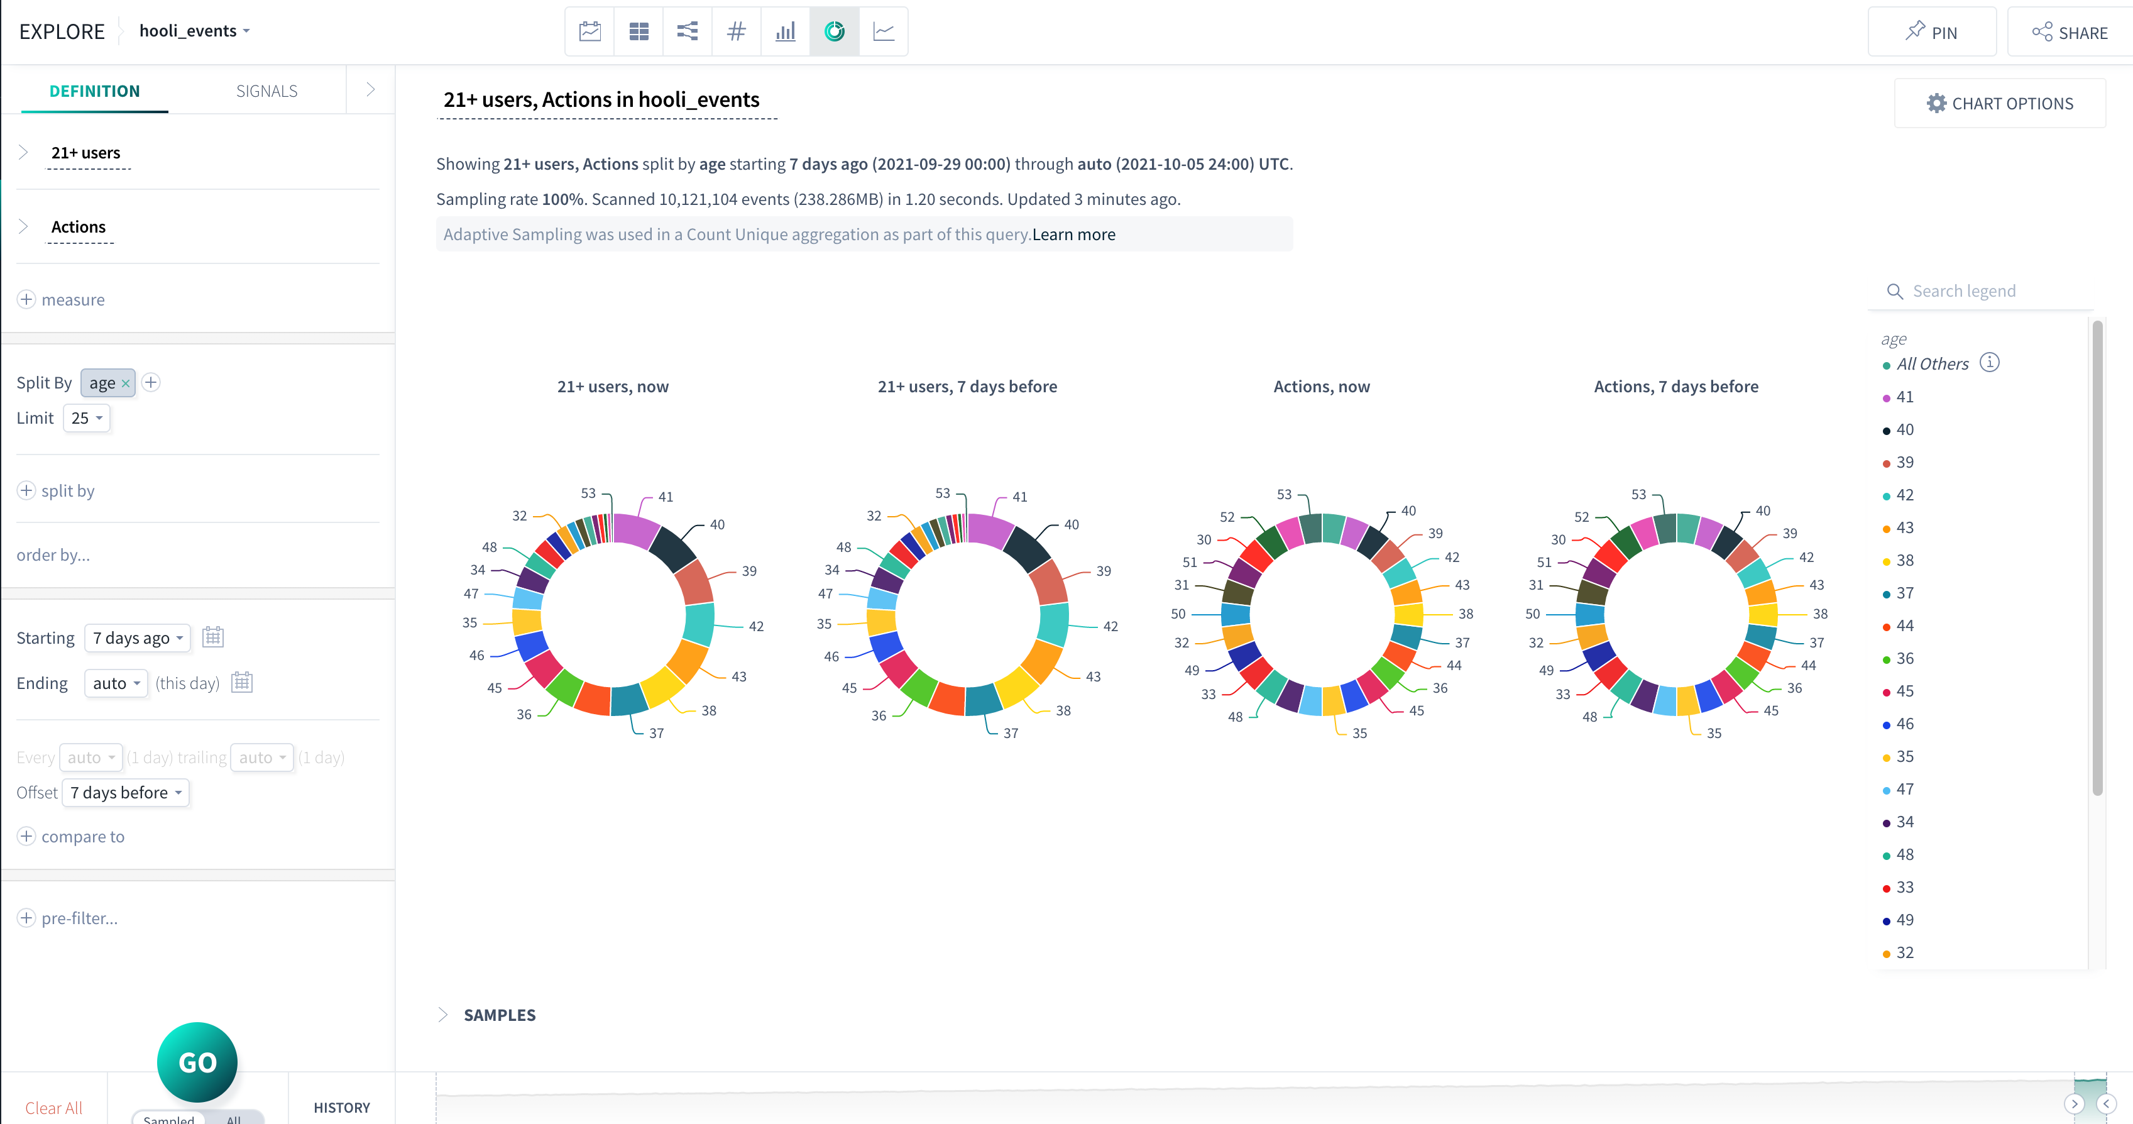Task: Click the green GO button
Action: pyautogui.click(x=197, y=1062)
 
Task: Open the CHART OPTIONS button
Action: pyautogui.click(x=2000, y=104)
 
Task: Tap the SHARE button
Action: pyautogui.click(x=2070, y=32)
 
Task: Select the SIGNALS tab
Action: pyautogui.click(x=266, y=91)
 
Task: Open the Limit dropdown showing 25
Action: pyautogui.click(x=87, y=418)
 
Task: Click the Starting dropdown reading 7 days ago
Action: pyautogui.click(x=138, y=638)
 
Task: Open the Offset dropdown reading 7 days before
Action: pyautogui.click(x=126, y=793)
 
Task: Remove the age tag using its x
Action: pyautogui.click(x=126, y=383)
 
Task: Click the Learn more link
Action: pyautogui.click(x=1073, y=234)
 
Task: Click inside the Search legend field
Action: pyautogui.click(x=1987, y=290)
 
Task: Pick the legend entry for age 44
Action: pyautogui.click(x=1904, y=625)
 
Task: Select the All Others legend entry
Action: pyautogui.click(x=1932, y=363)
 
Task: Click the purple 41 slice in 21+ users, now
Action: pyautogui.click(x=635, y=530)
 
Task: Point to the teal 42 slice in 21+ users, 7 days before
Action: pyautogui.click(x=1053, y=624)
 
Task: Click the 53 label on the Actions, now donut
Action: pyautogui.click(x=1283, y=495)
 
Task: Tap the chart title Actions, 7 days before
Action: pyautogui.click(x=1676, y=387)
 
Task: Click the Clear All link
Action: pyautogui.click(x=54, y=1108)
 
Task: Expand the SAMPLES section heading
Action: pyautogui.click(x=499, y=1015)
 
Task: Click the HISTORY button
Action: pyautogui.click(x=341, y=1108)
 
